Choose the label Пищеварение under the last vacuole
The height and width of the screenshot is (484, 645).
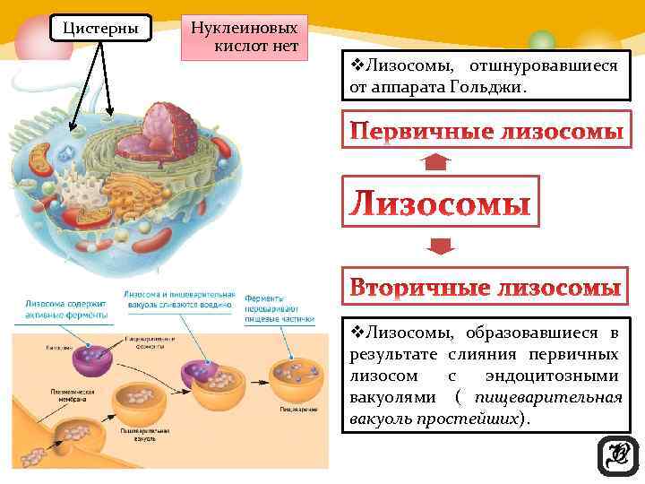click(x=296, y=410)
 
